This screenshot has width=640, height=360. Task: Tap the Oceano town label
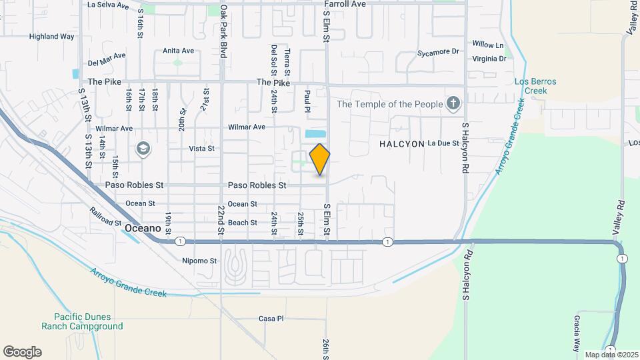(143, 228)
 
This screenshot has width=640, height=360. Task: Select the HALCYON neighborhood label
(402, 143)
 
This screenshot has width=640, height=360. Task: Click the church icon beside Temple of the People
(453, 103)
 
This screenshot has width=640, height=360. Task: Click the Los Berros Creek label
(535, 86)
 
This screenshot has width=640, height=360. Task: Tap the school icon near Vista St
(143, 149)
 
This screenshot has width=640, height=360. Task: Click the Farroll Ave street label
(345, 4)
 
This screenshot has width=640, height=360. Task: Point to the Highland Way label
(52, 37)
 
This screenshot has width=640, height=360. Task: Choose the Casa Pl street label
(271, 319)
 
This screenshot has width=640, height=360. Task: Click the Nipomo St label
(200, 261)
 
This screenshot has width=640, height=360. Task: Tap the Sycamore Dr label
(439, 51)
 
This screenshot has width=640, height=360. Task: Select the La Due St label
(443, 143)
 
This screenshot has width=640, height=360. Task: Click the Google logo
(22, 352)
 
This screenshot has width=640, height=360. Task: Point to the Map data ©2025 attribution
(610, 355)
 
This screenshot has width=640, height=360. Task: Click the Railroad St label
(105, 216)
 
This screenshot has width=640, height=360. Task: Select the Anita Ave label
(178, 51)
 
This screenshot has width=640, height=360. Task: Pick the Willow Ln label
(488, 45)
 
